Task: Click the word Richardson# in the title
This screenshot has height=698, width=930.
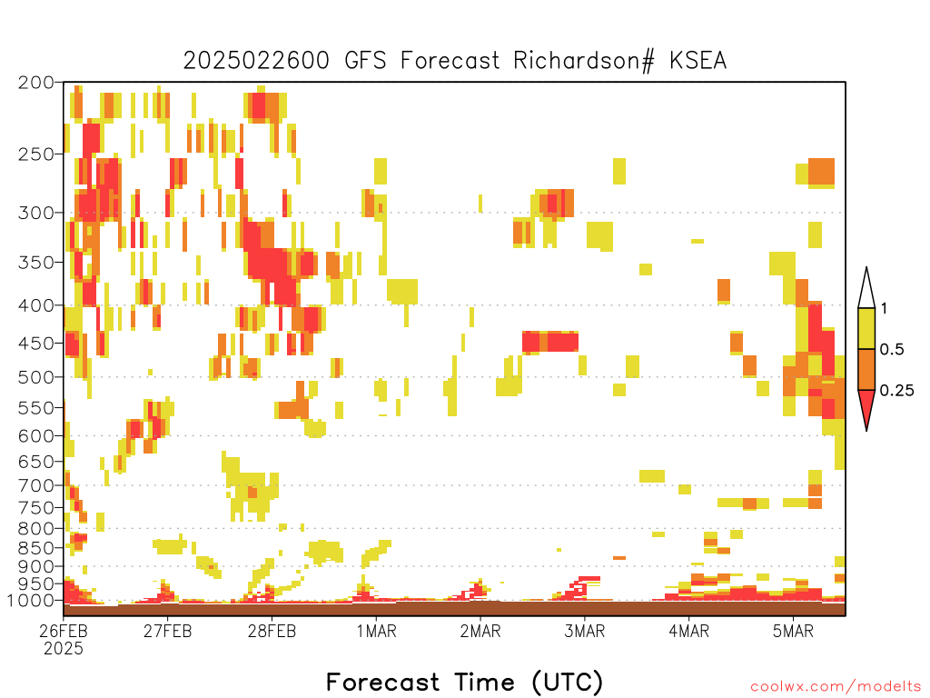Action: coord(584,61)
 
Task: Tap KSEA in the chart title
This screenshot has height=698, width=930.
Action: coord(698,61)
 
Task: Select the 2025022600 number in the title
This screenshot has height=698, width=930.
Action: coord(255,61)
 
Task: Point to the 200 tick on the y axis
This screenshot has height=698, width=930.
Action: coord(35,83)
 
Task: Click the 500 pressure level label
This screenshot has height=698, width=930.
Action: coord(35,377)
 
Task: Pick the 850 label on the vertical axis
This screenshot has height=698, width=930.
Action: coord(35,548)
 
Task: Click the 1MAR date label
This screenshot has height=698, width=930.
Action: coord(377,631)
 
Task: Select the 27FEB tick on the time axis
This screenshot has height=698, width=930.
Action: coord(167,631)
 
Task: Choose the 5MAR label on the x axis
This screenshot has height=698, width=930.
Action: coord(793,631)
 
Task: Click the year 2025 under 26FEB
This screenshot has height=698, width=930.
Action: coord(64,649)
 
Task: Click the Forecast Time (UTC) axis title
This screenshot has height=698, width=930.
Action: coord(464,682)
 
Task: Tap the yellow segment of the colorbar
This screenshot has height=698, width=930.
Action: coord(866,328)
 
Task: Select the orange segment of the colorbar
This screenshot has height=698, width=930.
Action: coord(866,369)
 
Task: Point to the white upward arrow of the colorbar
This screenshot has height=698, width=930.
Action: coord(866,288)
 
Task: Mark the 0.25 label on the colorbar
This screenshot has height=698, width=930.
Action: coord(896,390)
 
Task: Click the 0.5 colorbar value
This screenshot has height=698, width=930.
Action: coord(892,349)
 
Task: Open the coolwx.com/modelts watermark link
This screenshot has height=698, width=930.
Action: coord(836,687)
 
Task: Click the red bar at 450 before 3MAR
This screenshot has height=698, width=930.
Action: coord(550,342)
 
